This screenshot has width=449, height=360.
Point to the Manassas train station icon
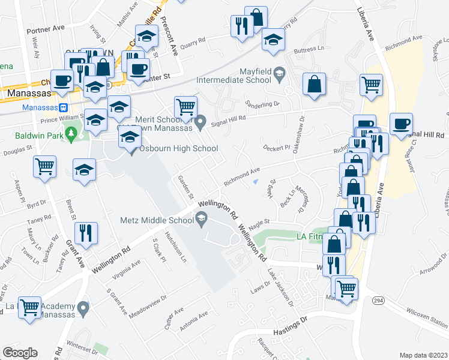62,107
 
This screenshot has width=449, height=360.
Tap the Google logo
19,353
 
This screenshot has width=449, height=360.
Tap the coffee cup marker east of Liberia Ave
401,124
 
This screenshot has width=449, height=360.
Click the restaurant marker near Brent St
85,233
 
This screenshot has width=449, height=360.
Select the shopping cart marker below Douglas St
45,167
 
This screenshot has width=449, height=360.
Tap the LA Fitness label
311,236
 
